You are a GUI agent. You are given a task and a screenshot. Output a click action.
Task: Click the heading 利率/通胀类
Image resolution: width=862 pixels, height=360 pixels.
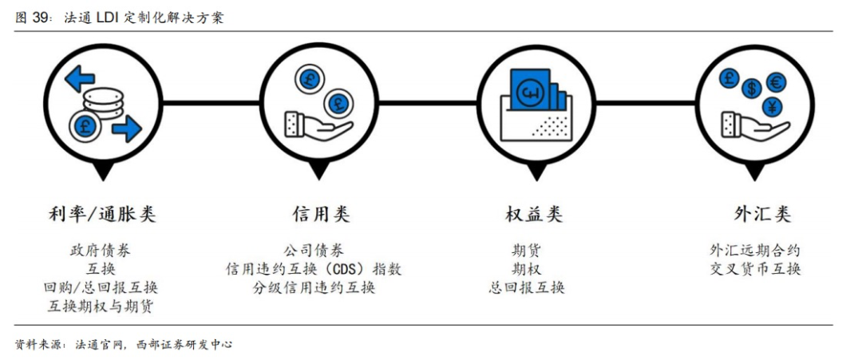(x=101, y=214)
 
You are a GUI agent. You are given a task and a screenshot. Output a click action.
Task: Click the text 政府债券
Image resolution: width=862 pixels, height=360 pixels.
(x=101, y=251)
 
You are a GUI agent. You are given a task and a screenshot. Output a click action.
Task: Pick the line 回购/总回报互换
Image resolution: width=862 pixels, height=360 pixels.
(x=101, y=287)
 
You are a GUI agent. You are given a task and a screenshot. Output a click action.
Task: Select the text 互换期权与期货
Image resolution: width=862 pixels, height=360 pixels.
(x=101, y=306)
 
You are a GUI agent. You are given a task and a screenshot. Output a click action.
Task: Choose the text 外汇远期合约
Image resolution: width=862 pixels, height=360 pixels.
(x=755, y=251)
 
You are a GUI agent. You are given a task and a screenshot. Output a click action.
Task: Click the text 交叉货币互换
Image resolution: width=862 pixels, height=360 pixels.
(x=755, y=269)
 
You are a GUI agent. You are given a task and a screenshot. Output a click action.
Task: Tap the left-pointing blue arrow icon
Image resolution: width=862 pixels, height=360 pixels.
(x=80, y=79)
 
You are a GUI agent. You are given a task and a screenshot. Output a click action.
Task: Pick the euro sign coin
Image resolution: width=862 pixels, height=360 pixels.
(x=774, y=81)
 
